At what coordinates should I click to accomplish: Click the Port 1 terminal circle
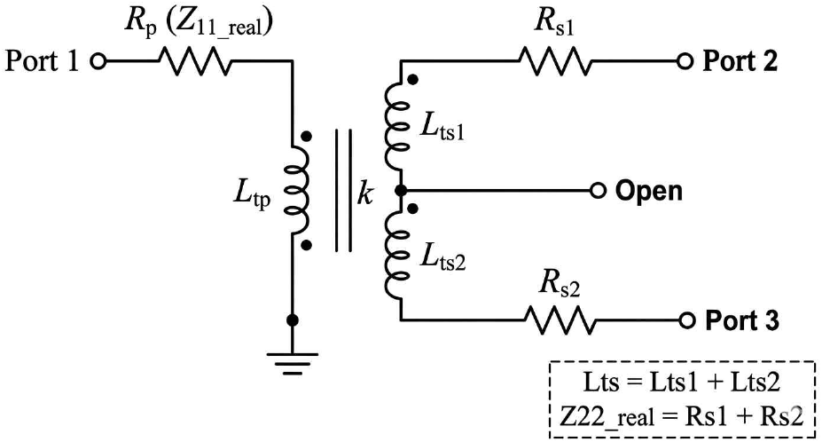(x=98, y=61)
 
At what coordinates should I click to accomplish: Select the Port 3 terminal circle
(x=686, y=320)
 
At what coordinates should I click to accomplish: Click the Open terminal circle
(x=598, y=191)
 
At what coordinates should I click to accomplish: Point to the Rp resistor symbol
(x=195, y=61)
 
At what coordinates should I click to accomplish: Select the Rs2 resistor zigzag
(x=560, y=320)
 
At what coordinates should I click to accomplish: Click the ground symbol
(x=293, y=363)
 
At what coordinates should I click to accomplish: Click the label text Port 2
(x=740, y=61)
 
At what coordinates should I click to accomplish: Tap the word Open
(x=649, y=192)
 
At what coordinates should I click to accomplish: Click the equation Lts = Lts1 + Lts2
(x=682, y=382)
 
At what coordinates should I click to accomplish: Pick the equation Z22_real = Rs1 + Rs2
(x=681, y=417)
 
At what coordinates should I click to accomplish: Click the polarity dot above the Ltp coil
(x=307, y=137)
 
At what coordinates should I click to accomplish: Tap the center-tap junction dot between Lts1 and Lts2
(x=401, y=191)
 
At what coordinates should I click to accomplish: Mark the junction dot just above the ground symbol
(x=293, y=320)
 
